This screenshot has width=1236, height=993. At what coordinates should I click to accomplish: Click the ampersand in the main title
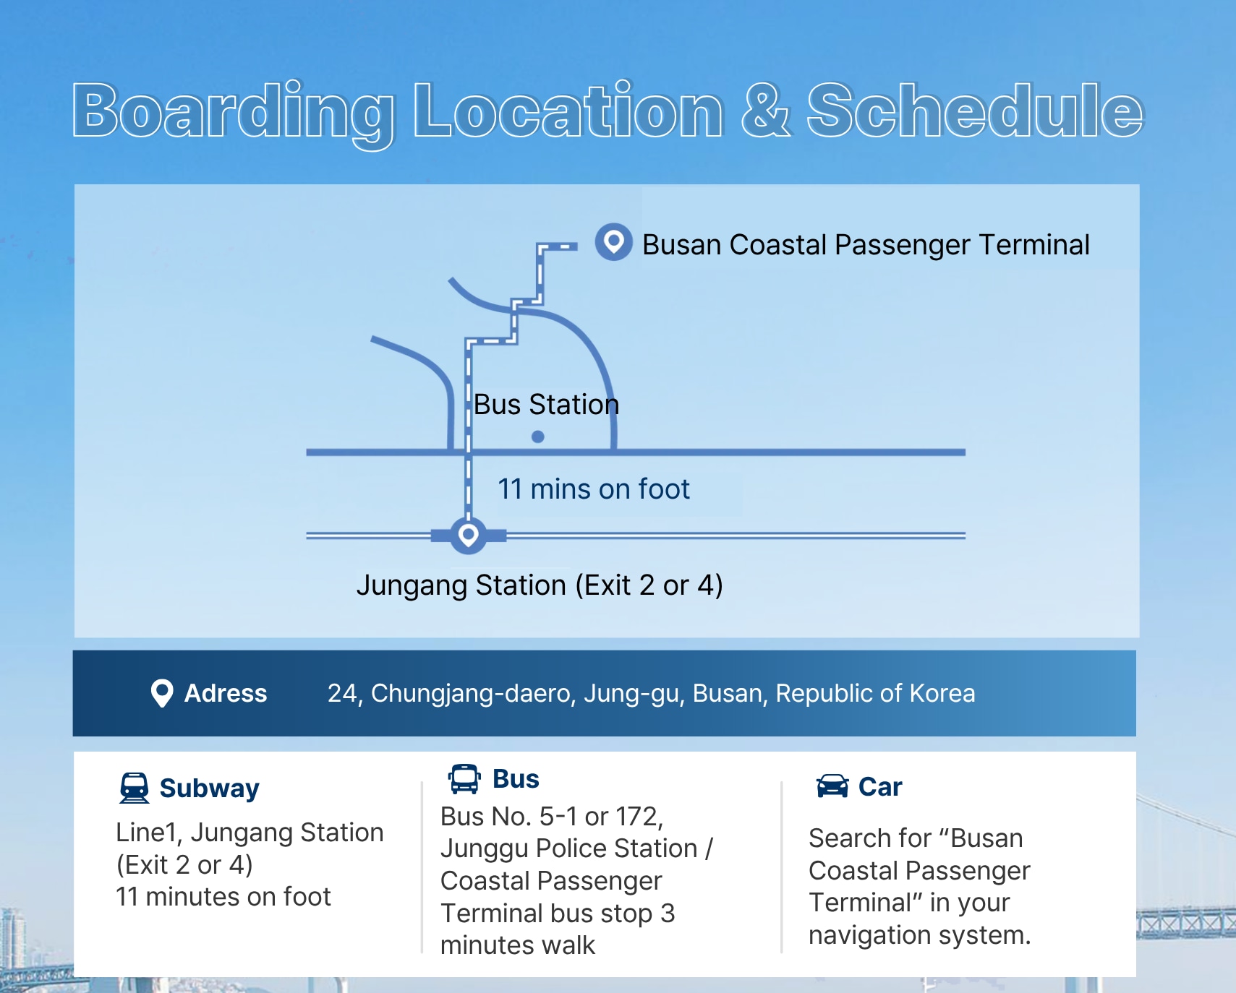point(765,111)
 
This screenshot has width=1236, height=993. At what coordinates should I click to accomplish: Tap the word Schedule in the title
point(975,110)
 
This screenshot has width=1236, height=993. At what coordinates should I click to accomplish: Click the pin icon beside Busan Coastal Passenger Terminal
point(613,241)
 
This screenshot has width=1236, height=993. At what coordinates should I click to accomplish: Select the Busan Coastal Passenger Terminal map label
point(866,245)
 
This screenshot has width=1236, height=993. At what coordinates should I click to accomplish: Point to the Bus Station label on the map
point(546,405)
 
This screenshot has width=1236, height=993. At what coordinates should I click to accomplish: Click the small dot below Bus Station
point(537,437)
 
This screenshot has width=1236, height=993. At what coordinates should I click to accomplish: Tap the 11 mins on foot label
point(593,489)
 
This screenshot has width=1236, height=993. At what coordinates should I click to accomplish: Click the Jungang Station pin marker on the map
point(468,536)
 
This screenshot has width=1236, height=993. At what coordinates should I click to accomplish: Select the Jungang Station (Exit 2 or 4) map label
point(540,585)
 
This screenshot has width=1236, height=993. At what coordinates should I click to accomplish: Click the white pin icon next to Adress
point(162,693)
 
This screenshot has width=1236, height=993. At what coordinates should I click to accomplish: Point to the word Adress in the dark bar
point(226,693)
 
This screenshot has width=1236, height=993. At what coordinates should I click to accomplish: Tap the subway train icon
point(135,788)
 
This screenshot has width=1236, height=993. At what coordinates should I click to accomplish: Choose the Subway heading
point(209,788)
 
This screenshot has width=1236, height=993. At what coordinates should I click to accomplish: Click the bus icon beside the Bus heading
point(464,779)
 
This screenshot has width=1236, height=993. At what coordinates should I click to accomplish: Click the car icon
point(832,786)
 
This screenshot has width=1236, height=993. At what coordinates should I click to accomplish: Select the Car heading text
point(880,787)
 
